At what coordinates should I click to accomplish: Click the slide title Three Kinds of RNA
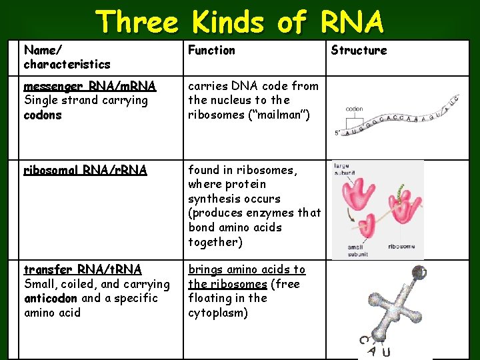point(240,22)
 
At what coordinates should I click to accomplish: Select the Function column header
point(211,50)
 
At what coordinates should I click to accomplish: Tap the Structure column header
point(359,50)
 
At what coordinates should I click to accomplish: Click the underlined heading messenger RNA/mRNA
point(89,86)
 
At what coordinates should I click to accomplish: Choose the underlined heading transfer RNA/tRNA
point(83,269)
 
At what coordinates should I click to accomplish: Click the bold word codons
point(43,115)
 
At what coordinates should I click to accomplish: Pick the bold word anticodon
point(51,298)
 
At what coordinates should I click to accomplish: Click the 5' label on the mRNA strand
point(338,133)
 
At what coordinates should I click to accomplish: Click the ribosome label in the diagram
point(398,246)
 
